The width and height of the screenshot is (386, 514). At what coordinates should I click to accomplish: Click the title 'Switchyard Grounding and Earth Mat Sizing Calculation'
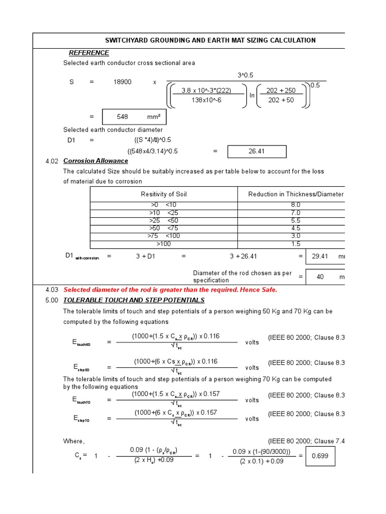[210, 40]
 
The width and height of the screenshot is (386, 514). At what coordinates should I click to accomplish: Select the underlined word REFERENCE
[89, 53]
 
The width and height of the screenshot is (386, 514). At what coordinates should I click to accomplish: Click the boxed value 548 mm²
[134, 116]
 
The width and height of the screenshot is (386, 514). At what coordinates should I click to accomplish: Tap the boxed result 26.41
[257, 151]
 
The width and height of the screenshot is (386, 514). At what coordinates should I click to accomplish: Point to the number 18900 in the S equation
[122, 82]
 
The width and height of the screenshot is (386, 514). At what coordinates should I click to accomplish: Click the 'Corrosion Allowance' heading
[95, 161]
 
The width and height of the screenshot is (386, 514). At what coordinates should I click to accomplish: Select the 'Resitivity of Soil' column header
[163, 194]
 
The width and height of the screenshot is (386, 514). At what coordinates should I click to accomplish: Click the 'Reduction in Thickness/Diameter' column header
[296, 194]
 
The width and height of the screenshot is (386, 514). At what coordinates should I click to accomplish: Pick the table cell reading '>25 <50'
[163, 220]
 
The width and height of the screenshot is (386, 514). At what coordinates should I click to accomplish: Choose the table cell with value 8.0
[296, 205]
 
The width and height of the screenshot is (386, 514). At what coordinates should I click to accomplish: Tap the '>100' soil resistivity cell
[163, 244]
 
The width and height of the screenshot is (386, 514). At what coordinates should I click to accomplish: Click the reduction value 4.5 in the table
[296, 228]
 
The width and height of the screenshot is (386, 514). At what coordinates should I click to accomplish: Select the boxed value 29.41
[320, 256]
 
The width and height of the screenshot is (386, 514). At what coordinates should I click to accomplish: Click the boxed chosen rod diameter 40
[320, 277]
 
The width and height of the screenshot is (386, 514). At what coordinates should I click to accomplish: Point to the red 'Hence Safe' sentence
[170, 290]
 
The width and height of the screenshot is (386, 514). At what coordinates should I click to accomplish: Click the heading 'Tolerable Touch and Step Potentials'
[134, 300]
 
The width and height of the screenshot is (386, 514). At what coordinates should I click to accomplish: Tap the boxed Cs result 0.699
[320, 456]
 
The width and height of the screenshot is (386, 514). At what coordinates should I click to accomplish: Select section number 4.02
[52, 161]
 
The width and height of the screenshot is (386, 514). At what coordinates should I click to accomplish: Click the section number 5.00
[52, 300]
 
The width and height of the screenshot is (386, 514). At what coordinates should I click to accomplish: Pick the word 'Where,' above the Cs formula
[74, 441]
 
